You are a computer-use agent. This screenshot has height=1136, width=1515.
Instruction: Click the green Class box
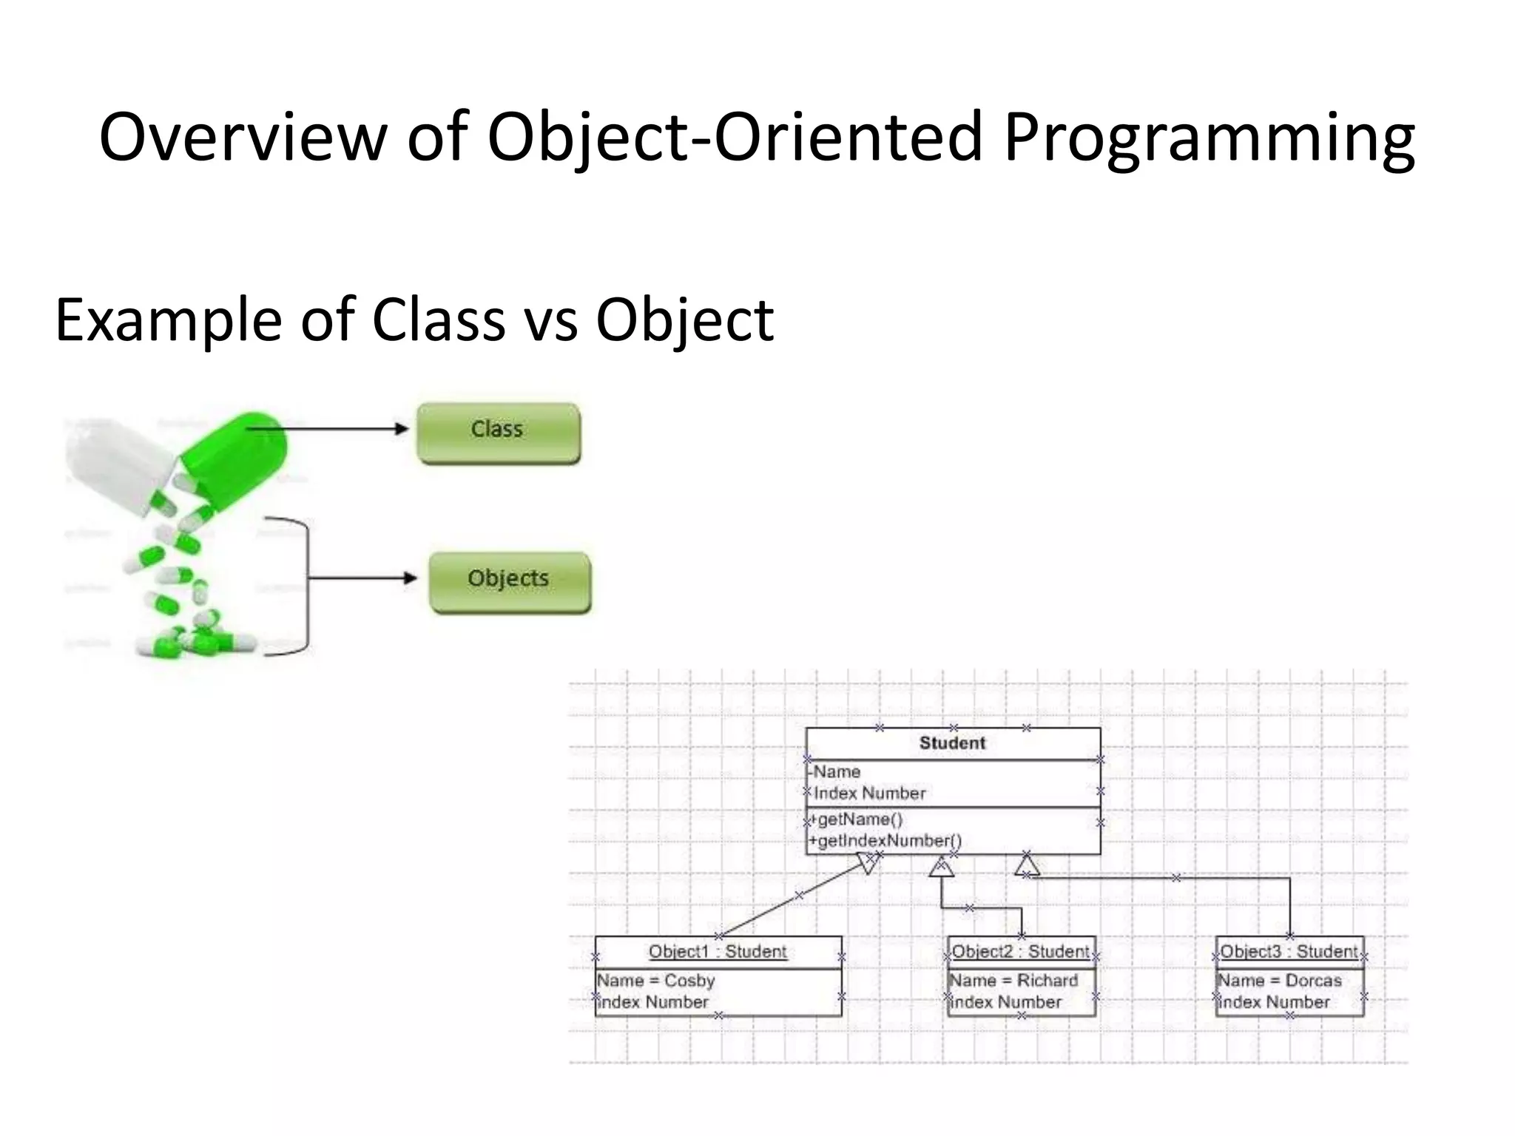[x=498, y=433]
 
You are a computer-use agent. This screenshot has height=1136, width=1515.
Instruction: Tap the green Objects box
[x=510, y=582]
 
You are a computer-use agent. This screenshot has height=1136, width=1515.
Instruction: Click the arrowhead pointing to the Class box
[x=402, y=429]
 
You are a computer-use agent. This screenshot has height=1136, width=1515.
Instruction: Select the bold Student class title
[x=952, y=743]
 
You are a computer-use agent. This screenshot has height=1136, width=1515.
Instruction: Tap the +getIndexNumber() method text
[x=885, y=841]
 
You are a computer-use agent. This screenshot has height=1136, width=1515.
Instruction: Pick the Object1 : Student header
[x=718, y=952]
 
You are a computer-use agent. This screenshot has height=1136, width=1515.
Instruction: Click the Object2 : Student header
[x=1020, y=952]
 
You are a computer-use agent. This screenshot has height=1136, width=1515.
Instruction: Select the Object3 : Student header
[x=1289, y=952]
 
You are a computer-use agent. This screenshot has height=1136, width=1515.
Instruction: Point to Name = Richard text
[x=1013, y=981]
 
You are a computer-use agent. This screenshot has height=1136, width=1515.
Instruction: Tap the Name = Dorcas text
[x=1279, y=981]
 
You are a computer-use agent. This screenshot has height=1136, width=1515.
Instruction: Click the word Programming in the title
[x=1209, y=138]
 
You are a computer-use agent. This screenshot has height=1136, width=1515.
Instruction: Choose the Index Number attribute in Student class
[x=869, y=794]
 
